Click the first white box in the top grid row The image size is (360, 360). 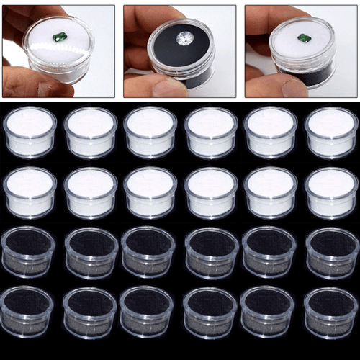30,132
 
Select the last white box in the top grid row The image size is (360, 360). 330,132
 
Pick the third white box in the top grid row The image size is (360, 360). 150,132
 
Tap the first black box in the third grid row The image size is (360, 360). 30,253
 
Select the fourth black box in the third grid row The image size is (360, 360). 210,253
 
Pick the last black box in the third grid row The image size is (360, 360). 330,253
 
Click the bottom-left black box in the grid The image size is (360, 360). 30,312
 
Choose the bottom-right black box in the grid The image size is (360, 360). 330,312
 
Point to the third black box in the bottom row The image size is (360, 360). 150,312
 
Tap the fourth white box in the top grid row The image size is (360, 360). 210,132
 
